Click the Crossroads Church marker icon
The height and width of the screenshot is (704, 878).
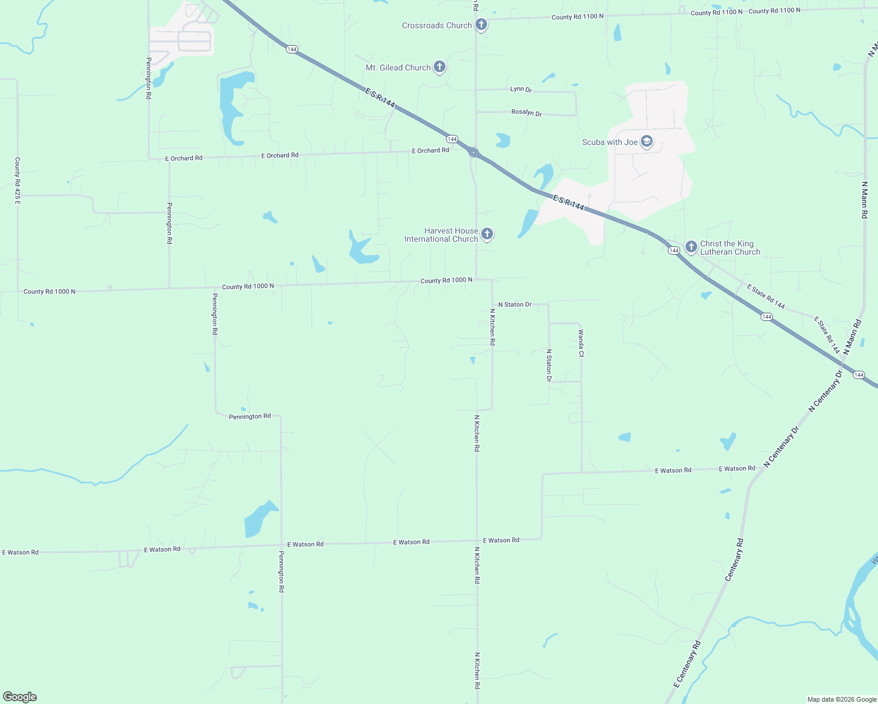click(481, 25)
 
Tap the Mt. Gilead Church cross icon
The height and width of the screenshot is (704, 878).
click(439, 67)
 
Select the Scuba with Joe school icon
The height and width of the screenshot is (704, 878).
click(647, 141)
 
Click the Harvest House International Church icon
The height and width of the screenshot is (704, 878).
click(487, 234)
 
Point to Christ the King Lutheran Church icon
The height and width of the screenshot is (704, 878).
click(691, 246)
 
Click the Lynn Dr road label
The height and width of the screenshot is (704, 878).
click(521, 89)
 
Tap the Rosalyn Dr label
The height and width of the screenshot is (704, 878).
click(526, 112)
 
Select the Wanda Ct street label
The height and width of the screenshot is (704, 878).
click(581, 343)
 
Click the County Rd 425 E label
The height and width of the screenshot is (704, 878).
click(18, 180)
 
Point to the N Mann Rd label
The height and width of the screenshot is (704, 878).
click(864, 199)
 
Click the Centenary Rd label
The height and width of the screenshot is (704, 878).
click(734, 560)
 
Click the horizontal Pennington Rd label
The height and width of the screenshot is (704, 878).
click(249, 417)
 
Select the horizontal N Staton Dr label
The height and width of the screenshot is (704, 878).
click(515, 304)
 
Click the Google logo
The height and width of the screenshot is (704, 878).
click(20, 697)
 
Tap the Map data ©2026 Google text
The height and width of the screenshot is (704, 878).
click(842, 699)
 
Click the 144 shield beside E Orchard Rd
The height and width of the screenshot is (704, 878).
click(451, 139)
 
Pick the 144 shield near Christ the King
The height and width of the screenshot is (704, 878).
click(674, 251)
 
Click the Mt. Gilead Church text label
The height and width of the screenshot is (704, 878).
click(398, 67)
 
